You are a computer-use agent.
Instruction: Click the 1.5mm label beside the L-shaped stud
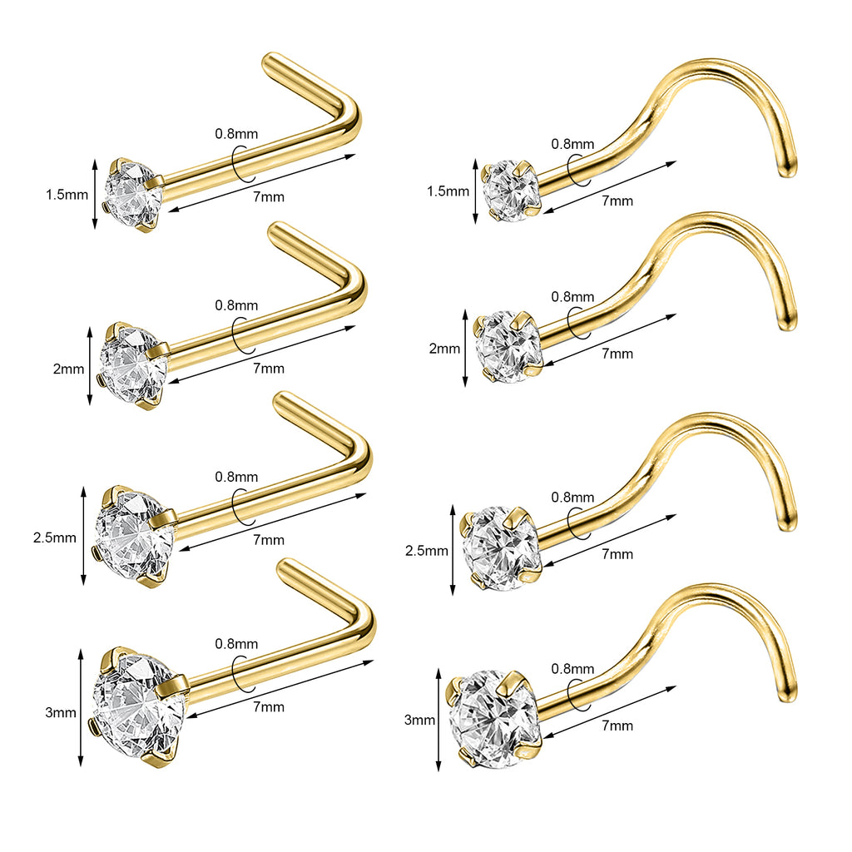pos(67,195)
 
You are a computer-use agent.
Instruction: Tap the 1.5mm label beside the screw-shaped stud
pos(448,191)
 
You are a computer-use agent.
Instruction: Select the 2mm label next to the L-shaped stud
pos(68,369)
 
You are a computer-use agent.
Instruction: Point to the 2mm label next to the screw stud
pos(444,349)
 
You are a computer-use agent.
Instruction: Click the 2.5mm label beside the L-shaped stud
pos(55,538)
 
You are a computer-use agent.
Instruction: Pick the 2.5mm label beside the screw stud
pos(427,551)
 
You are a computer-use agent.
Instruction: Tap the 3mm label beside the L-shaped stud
pos(61,712)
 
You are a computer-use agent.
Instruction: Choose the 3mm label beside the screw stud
pos(420,720)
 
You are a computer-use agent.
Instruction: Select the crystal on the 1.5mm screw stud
pos(513,191)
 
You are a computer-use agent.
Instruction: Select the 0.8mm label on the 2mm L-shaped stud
pos(236,305)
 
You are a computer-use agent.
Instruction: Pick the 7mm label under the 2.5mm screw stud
pos(618,554)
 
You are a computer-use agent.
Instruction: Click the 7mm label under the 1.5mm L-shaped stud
pos(269,196)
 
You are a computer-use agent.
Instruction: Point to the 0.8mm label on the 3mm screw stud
pos(572,669)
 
